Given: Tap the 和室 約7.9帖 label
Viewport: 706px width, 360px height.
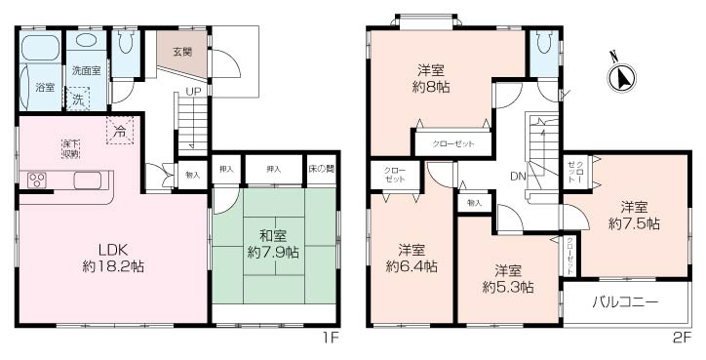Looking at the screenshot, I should (273, 245).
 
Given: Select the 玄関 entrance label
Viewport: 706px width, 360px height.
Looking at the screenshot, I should (182, 51).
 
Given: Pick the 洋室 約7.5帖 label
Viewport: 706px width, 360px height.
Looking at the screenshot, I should (634, 215).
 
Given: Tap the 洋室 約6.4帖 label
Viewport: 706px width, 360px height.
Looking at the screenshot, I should (411, 258).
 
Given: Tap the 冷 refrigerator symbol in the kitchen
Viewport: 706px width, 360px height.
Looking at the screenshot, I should (120, 130).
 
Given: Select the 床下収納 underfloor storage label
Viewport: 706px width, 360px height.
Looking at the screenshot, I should (71, 148).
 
